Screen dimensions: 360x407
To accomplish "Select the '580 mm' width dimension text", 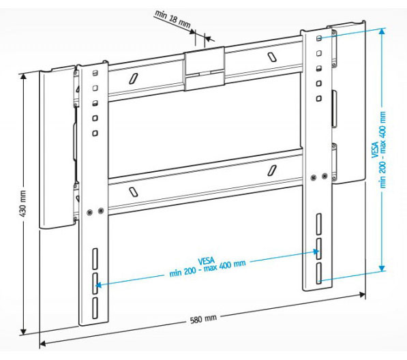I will tap(204, 318).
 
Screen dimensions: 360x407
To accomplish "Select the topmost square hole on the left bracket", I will tap(96, 72).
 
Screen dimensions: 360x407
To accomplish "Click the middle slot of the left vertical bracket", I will tap(95, 280).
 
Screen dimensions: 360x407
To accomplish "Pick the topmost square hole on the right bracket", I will tap(318, 37).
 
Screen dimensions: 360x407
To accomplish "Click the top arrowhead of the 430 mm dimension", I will tap(25, 75).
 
